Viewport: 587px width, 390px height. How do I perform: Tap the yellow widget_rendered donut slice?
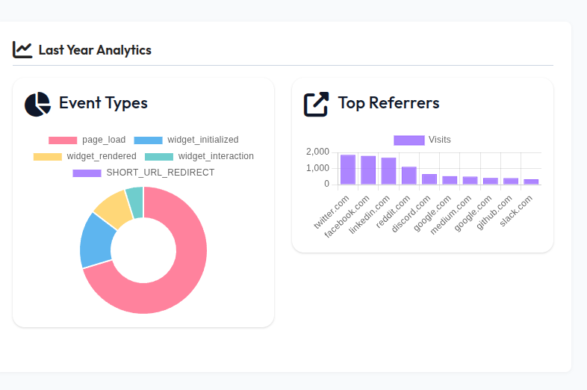coord(114,207)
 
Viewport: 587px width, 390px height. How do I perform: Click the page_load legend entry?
coord(87,140)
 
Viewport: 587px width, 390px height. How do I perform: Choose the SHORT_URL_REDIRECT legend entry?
coord(143,173)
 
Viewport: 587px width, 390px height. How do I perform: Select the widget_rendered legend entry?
coord(85,156)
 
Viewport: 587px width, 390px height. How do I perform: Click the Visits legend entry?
coord(422,140)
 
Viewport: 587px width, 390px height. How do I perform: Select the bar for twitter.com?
coord(348,170)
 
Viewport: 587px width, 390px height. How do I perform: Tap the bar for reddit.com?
coord(409,176)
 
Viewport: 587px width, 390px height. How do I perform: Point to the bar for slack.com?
coord(531,182)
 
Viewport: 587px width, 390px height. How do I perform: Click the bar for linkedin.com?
coord(388,171)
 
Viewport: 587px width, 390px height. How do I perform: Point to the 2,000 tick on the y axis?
coord(317,152)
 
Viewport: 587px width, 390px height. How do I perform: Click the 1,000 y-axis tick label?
coord(317,168)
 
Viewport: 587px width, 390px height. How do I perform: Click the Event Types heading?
coord(103,103)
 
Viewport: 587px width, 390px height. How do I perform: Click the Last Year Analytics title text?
coord(95,50)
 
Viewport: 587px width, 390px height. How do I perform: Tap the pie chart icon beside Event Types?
coord(37,105)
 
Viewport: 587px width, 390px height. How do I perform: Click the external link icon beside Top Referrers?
coord(316,104)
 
